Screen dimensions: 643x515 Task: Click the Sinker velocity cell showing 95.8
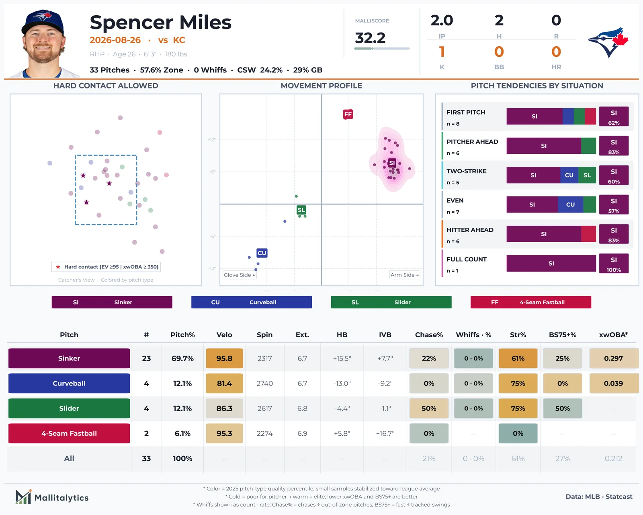(224, 358)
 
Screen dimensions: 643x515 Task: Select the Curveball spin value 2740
(264, 383)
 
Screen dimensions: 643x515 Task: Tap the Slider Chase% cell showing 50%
(429, 408)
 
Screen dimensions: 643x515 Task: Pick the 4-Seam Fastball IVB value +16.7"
(385, 433)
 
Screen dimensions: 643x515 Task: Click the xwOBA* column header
(613, 335)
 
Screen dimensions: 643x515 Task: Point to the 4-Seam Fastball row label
(69, 433)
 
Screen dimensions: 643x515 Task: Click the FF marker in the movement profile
(348, 114)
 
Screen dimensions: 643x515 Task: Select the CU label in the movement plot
(262, 253)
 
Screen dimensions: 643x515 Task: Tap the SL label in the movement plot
(301, 210)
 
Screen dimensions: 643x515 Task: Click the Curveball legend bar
(251, 302)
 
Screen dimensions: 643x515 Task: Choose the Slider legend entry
(391, 302)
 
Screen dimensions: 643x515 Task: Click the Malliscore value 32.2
(370, 38)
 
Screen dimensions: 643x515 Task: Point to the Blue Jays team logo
(608, 42)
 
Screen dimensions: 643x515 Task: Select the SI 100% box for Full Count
(614, 264)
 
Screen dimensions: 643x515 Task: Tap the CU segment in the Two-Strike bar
(569, 175)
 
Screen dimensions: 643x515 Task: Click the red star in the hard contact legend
(58, 267)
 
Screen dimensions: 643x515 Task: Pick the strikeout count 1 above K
(442, 51)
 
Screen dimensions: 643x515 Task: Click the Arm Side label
(405, 275)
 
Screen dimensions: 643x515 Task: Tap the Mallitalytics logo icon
(23, 497)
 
